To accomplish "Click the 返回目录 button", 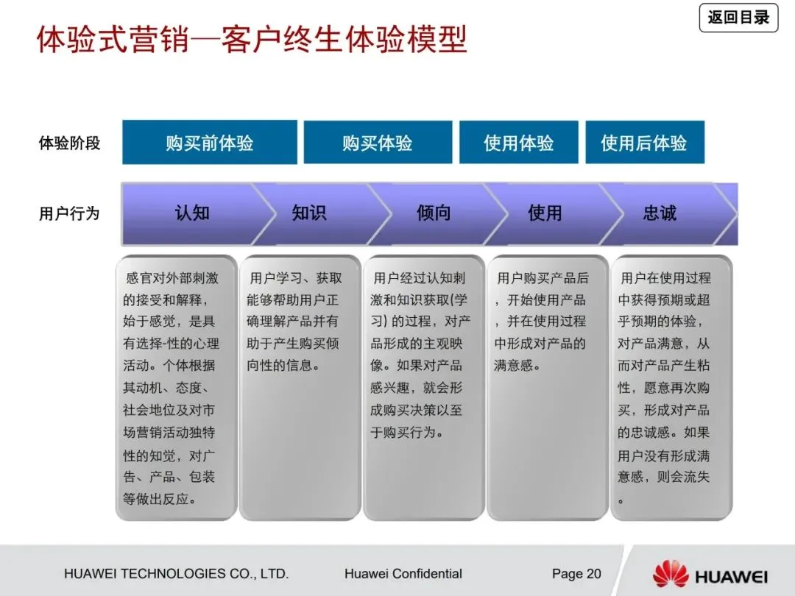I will pos(738,18).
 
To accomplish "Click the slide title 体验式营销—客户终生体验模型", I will pos(252,39).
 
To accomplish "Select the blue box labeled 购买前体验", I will pos(210,143).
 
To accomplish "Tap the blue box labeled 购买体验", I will pos(378,143).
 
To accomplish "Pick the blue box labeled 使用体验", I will pos(519,143).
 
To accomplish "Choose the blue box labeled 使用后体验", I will pos(644,143).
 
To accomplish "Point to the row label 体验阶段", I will pos(69,143).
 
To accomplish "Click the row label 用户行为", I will pos(69,214).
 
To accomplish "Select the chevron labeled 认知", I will pos(191,214).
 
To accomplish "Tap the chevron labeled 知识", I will pos(309,214).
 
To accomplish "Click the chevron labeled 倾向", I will pos(434,214).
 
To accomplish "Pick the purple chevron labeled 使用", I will pos(545,214).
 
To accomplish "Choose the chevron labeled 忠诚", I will pos(660,214).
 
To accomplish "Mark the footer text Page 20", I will pos(576,574).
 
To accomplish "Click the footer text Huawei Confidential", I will pos(403,574).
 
